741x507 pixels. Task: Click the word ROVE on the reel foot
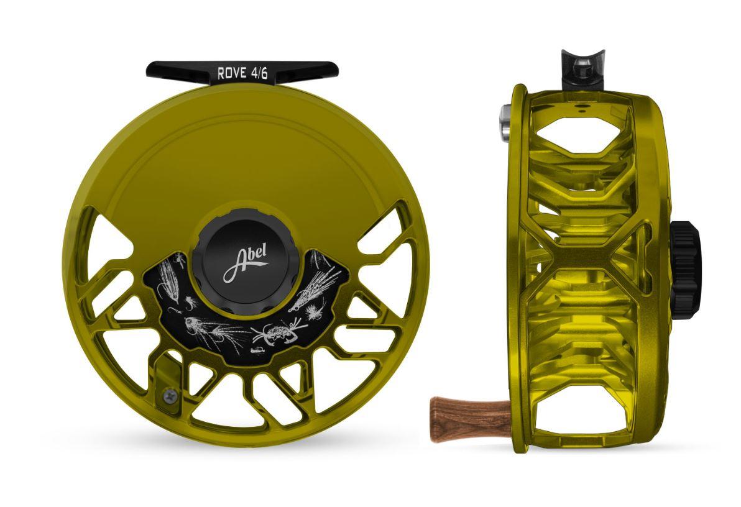[231, 73]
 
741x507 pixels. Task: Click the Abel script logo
[246, 263]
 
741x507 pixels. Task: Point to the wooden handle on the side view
[469, 419]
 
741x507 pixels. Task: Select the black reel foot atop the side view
[582, 70]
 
